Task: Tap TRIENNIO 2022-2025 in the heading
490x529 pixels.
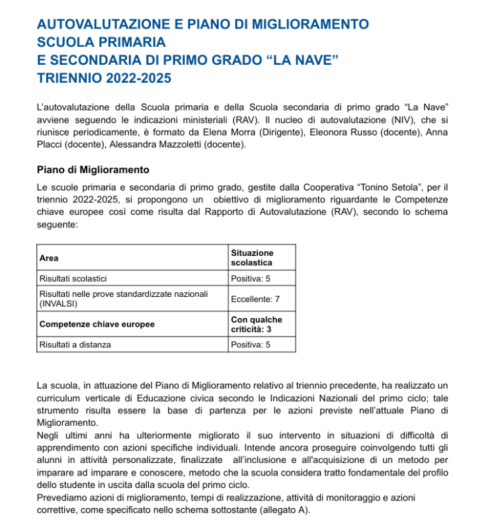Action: tap(104, 78)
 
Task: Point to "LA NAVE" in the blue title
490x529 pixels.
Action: tap(302, 60)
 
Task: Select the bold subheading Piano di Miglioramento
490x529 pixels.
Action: tap(93, 170)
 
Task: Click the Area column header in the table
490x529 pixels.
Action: tap(48, 258)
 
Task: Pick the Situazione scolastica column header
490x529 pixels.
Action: tap(252, 258)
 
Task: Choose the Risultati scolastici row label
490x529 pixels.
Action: tap(73, 279)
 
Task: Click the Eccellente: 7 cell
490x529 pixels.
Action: tap(255, 299)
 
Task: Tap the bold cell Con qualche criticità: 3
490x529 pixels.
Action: tap(256, 324)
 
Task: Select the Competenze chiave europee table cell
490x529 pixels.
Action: tap(97, 324)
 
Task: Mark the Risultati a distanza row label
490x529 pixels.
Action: tap(75, 345)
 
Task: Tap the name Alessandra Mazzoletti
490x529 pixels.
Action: tap(156, 143)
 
